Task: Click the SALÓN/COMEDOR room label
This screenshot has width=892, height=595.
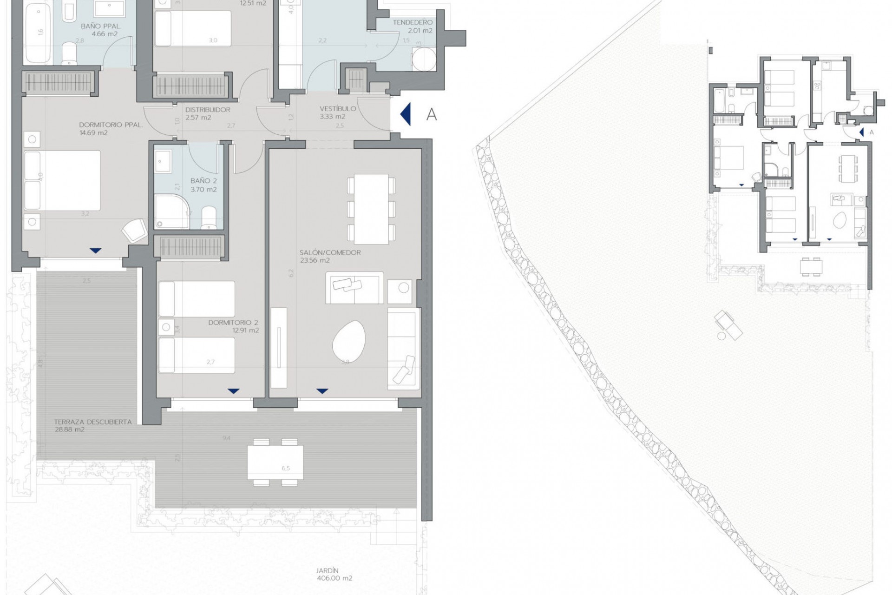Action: pos(330,252)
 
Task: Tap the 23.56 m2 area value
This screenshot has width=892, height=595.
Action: pos(315,260)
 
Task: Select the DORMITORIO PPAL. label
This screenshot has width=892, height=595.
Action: pos(110,125)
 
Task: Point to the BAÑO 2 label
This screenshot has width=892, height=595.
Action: pos(203,181)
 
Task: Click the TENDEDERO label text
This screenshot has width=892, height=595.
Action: pos(412,22)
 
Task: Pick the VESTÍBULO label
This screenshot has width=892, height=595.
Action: pos(338,109)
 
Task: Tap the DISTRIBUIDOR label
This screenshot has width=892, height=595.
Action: pos(208,110)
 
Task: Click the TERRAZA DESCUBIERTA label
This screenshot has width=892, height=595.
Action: pos(92,422)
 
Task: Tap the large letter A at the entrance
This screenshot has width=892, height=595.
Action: pos(431,114)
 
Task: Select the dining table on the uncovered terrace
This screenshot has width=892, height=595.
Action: pos(275,462)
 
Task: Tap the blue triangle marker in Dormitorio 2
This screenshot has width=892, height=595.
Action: pos(234,391)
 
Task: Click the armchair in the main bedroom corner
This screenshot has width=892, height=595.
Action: pos(134,230)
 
